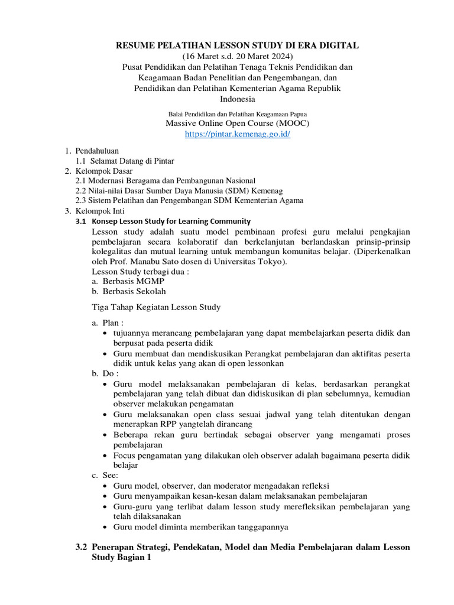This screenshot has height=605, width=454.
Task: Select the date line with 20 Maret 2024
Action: pos(237,57)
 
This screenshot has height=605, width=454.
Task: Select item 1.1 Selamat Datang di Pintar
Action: pos(125,161)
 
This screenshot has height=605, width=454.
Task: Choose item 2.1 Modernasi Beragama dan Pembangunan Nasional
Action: pos(165,180)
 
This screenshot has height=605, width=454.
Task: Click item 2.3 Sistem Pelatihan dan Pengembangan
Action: pos(189,200)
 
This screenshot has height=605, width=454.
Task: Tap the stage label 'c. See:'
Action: pos(105,475)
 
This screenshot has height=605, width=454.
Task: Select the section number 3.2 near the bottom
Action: pos(82,547)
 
